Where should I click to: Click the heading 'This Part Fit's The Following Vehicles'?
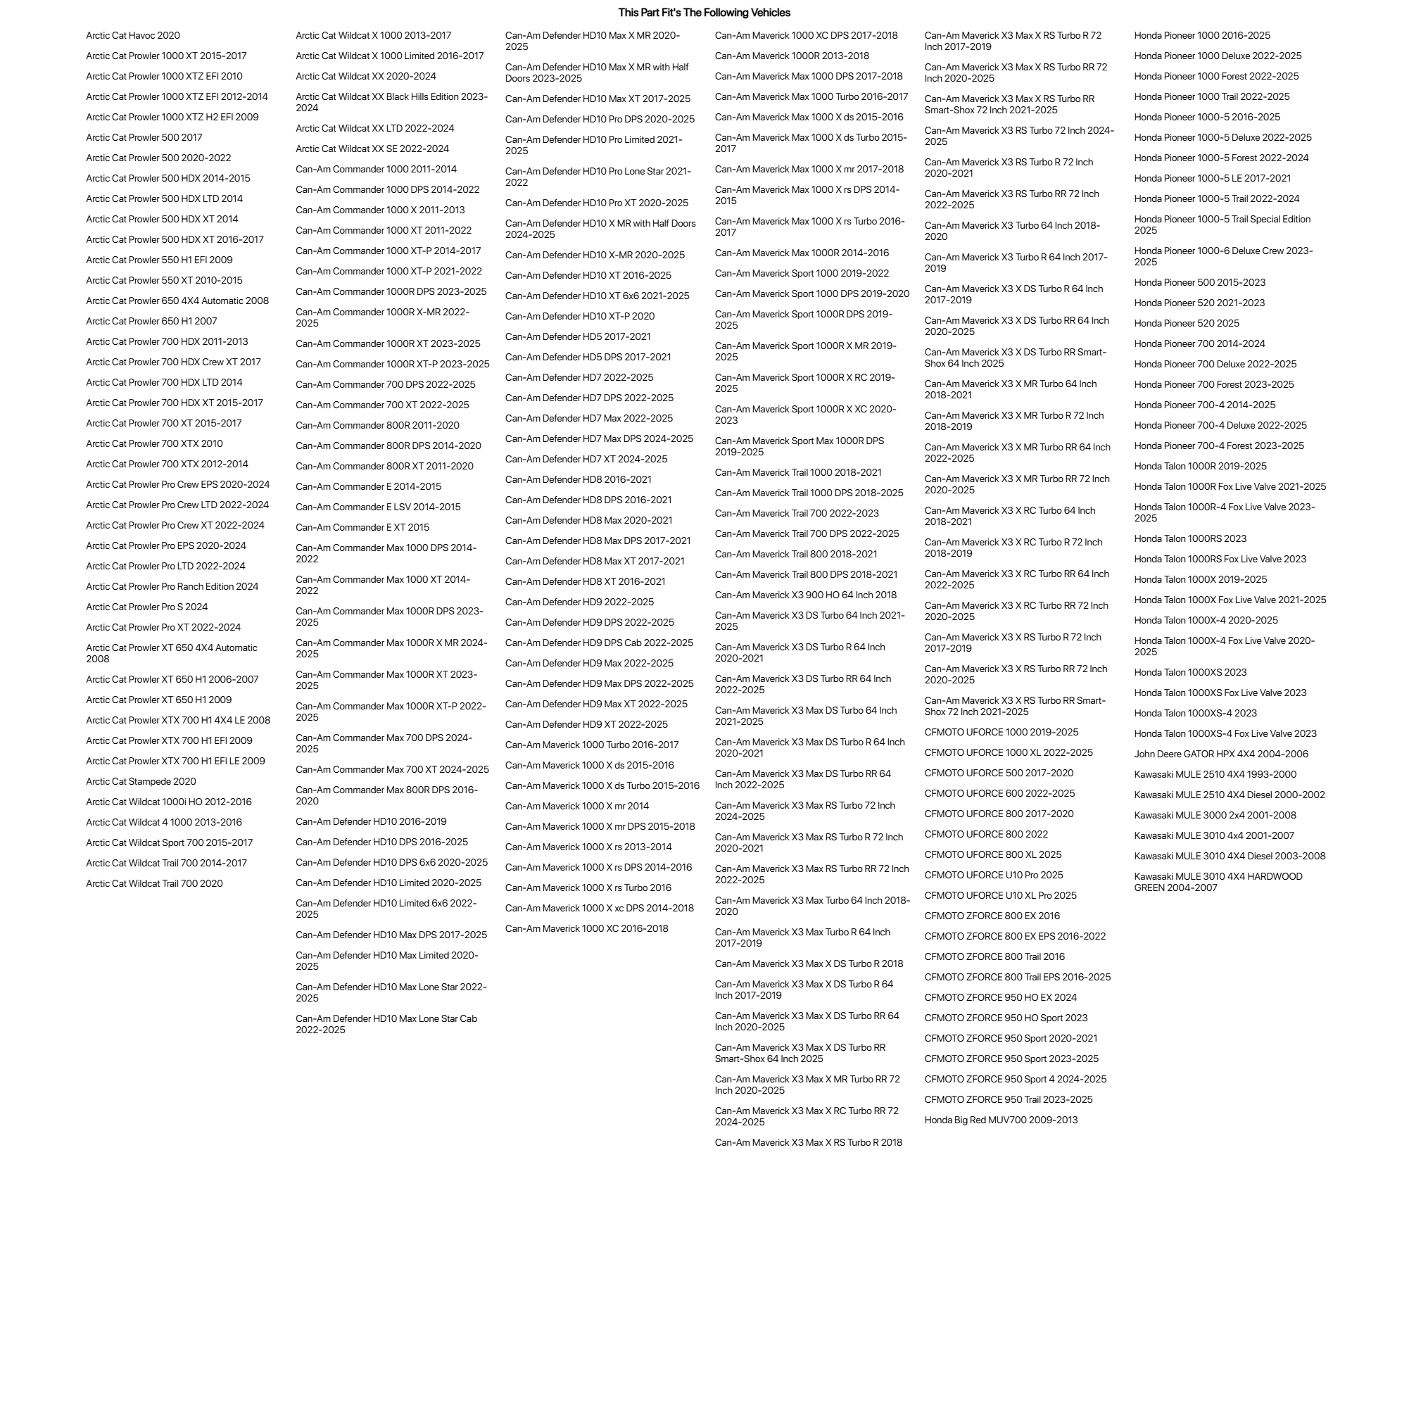704,13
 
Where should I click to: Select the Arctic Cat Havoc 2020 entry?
133,36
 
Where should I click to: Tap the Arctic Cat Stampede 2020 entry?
141,782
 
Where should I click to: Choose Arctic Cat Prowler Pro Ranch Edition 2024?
172,587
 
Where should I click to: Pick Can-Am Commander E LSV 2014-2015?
378,507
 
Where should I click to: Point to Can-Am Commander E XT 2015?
362,528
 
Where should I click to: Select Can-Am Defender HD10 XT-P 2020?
580,317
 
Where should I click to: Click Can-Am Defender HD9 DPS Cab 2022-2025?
599,643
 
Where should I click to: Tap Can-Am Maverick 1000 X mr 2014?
577,807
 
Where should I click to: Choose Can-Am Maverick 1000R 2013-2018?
791,56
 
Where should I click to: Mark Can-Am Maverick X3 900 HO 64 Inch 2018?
805,596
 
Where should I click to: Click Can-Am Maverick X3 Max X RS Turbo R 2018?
808,1143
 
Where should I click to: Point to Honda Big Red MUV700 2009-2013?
1001,1120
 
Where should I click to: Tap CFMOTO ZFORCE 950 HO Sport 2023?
1006,1018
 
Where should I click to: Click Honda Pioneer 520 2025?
1187,324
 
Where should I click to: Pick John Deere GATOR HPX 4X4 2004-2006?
1221,754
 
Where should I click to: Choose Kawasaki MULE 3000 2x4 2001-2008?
1215,816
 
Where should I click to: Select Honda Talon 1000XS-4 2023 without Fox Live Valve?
1195,714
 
